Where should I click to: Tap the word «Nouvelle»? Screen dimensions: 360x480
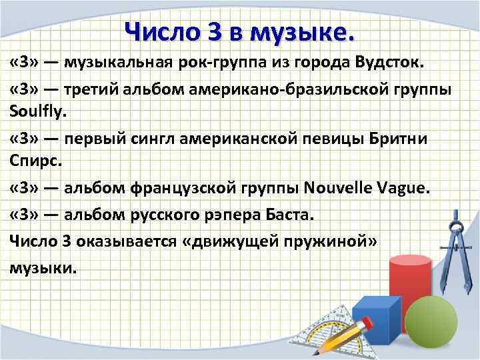click(343, 188)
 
